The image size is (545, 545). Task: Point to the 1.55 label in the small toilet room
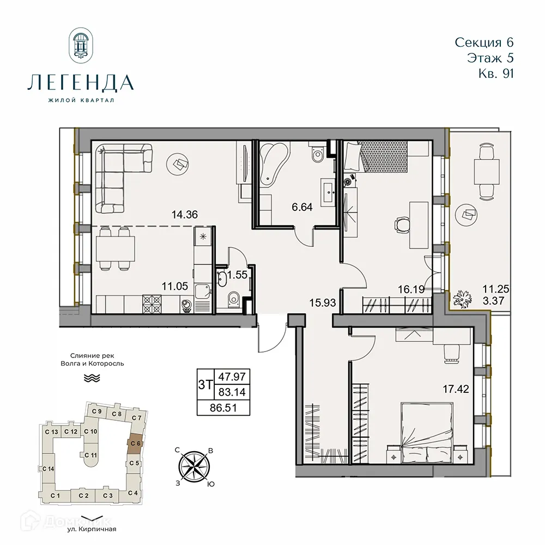click(x=238, y=276)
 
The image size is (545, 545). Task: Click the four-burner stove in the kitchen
click(x=153, y=304)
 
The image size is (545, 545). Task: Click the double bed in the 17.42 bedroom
click(x=425, y=433)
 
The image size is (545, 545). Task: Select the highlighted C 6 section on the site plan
click(x=135, y=444)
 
